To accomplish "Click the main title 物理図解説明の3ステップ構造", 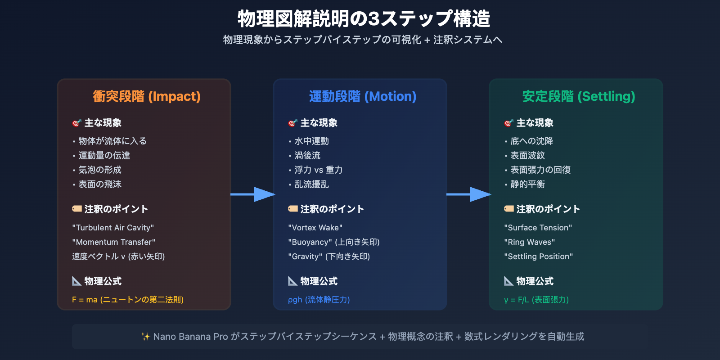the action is [x=364, y=18].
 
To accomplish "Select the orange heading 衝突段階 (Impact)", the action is [x=147, y=96].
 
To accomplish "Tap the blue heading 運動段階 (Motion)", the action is [x=363, y=96].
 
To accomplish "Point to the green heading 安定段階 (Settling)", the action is [x=579, y=96].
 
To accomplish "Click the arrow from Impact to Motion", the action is [x=252, y=194].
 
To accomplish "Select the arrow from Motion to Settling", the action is [x=468, y=194].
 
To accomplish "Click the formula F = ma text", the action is [x=85, y=300].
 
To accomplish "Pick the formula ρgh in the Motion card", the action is [x=295, y=300].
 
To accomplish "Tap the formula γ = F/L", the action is [x=517, y=300].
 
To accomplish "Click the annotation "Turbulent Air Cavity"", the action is [x=113, y=228].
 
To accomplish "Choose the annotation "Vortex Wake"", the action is [x=315, y=228].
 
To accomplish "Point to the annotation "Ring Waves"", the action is [x=529, y=242].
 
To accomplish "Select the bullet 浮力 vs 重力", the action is [x=319, y=170].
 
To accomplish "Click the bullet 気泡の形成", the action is [x=100, y=170].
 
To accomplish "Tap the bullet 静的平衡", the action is [x=528, y=184].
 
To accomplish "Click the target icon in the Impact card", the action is [x=77, y=123].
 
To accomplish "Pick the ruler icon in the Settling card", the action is [x=508, y=281].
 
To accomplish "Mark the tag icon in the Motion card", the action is [x=293, y=209].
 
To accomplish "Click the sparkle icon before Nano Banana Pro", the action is [x=146, y=337].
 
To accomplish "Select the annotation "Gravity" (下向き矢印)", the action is [x=329, y=256].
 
